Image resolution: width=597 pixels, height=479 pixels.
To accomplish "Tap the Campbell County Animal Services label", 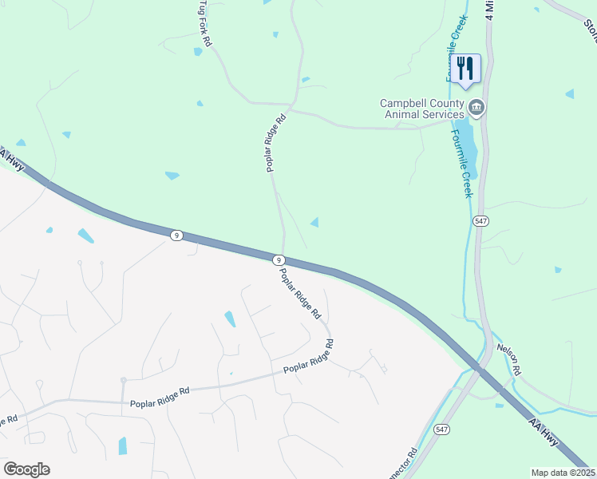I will point(421,109).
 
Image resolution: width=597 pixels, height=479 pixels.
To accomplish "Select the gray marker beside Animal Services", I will point(476,107).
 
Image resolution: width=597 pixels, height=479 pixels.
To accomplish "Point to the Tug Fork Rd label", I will point(204,23).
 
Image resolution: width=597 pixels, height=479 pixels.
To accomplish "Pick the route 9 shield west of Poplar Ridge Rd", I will point(176,235).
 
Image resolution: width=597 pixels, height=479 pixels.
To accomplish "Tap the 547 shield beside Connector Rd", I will point(441,429).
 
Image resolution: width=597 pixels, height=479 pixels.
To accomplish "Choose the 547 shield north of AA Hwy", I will point(480,220).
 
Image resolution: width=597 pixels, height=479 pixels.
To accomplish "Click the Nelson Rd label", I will point(508,360).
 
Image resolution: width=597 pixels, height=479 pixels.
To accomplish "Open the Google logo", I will point(26,469).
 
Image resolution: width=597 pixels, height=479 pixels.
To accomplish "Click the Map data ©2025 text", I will point(563,473).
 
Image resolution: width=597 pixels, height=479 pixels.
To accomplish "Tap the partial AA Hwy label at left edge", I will point(14,159).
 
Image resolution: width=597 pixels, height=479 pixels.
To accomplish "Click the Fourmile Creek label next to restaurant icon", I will point(455,48).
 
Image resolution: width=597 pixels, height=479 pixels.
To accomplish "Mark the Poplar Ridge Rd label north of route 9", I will point(275,144).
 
